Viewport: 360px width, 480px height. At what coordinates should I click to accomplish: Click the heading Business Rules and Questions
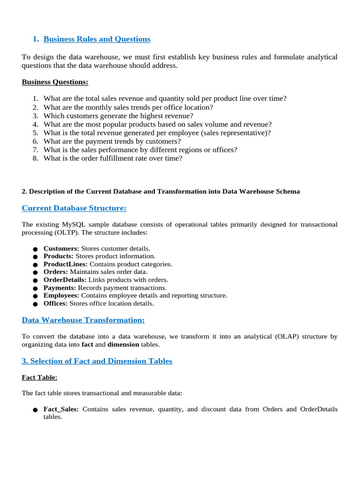(97, 39)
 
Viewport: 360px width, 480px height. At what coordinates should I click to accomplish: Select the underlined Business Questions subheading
(55, 82)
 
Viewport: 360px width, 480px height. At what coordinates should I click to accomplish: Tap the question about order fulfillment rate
(112, 158)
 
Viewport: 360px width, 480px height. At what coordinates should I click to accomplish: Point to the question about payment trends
(112, 141)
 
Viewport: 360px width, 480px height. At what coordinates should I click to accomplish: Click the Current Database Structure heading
(74, 208)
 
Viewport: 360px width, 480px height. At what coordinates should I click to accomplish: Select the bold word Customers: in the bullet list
(61, 248)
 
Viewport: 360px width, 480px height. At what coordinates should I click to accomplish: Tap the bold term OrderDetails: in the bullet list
(65, 279)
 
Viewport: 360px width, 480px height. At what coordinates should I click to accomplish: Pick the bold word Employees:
(61, 295)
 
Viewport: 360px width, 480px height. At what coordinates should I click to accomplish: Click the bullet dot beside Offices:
(35, 304)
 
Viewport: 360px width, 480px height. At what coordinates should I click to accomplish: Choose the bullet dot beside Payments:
(35, 288)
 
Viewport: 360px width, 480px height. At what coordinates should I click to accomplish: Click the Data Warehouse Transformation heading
(83, 320)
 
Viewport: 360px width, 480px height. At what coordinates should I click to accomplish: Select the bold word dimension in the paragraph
(123, 345)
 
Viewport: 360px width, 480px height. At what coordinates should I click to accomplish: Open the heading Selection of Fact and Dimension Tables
(97, 361)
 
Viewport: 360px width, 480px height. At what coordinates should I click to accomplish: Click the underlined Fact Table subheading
(39, 377)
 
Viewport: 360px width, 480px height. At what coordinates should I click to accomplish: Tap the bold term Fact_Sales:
(61, 409)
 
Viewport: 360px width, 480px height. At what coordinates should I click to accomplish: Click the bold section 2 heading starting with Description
(161, 191)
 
